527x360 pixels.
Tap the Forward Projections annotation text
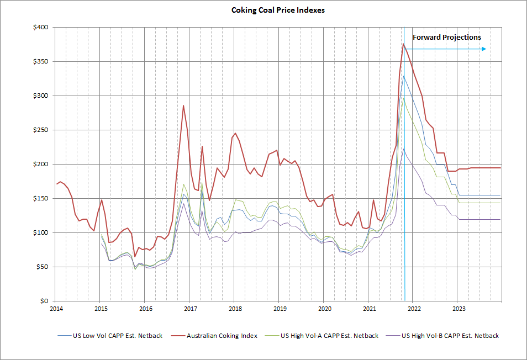pyautogui.click(x=447, y=38)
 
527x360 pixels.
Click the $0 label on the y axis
pyautogui.click(x=45, y=301)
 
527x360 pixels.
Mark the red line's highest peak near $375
pyautogui.click(x=403, y=44)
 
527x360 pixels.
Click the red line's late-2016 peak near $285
pyautogui.click(x=183, y=105)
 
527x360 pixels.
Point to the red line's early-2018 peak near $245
pyautogui.click(x=235, y=133)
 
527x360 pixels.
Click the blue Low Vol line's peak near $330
pyautogui.click(x=403, y=76)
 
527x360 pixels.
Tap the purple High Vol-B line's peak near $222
pyautogui.click(x=403, y=149)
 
